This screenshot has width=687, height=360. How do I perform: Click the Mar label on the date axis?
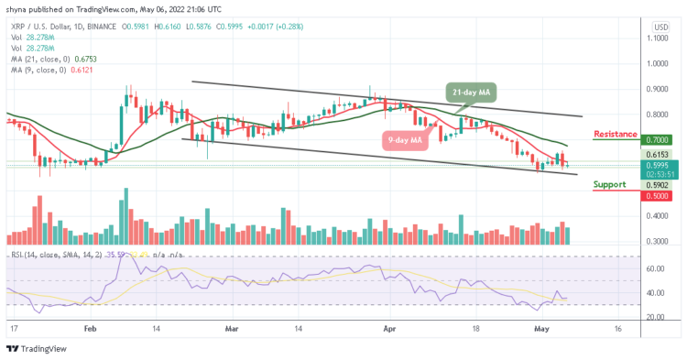tap(232, 326)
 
